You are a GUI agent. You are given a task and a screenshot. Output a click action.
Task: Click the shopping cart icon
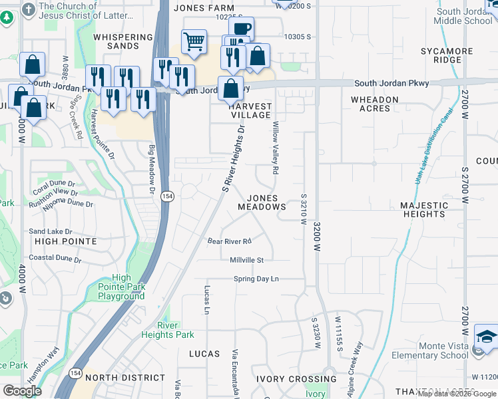click(x=193, y=41)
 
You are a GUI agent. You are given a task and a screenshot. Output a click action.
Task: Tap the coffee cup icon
click(x=241, y=29)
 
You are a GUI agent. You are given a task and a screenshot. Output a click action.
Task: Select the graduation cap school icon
click(x=487, y=337)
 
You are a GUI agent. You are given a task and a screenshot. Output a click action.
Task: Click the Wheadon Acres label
click(x=375, y=104)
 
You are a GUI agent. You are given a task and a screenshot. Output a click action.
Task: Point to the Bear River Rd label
click(x=229, y=241)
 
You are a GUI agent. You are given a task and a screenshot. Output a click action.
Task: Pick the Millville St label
click(x=247, y=260)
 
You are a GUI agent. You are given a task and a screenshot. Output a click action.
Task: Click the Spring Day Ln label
click(x=256, y=279)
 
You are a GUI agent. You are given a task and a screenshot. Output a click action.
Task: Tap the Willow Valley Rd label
click(x=274, y=148)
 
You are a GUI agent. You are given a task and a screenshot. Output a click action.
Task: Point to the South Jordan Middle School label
click(x=463, y=16)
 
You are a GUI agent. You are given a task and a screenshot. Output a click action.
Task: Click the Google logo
click(x=23, y=391)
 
